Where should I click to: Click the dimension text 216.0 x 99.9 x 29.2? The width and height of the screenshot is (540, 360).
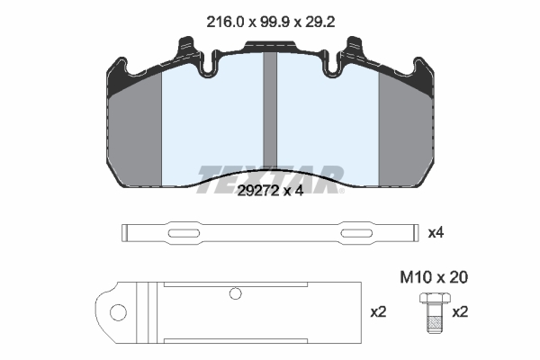[x=270, y=22]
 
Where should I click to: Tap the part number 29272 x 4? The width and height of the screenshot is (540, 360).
[x=270, y=191]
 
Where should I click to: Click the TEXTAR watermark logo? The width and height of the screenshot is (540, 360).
[x=270, y=179]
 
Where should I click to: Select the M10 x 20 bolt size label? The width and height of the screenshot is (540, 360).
[x=434, y=277]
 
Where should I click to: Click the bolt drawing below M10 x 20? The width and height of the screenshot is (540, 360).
[x=436, y=312]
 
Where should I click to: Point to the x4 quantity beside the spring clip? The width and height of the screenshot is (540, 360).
[x=436, y=233]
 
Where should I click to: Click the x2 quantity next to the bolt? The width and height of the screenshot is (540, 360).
[x=460, y=312]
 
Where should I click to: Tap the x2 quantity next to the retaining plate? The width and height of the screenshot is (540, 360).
[x=379, y=312]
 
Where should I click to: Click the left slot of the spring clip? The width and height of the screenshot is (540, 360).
[x=184, y=233]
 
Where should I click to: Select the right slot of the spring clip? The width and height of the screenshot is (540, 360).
[x=356, y=233]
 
